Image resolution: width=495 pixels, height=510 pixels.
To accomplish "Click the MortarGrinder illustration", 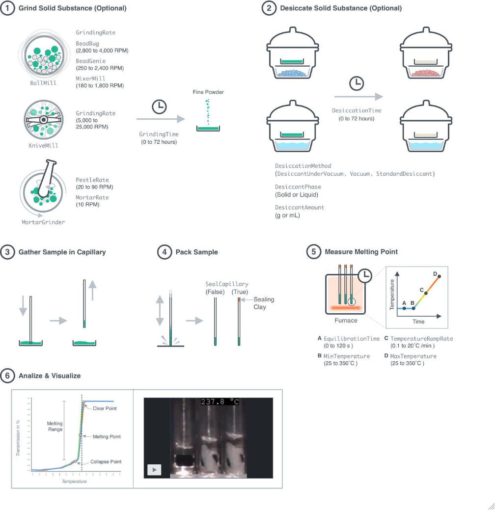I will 43,191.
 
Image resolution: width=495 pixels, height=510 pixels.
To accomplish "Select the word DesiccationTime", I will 357,110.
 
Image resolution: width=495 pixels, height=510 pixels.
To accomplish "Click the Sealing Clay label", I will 264,303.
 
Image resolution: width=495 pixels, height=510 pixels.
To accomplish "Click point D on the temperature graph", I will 439,276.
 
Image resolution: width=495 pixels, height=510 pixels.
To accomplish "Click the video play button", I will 154,470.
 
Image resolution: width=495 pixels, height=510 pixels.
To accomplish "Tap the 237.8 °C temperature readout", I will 220,402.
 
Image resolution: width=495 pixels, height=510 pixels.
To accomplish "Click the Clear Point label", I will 105,408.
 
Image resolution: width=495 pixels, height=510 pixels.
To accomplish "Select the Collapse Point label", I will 106,462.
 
